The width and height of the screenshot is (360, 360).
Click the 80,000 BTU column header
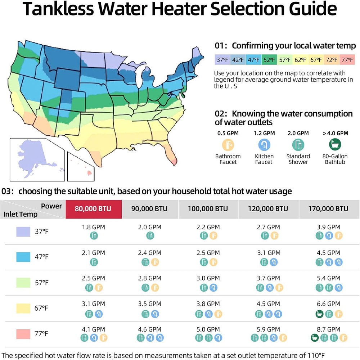(93, 209)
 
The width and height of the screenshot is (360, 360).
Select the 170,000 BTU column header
(329, 209)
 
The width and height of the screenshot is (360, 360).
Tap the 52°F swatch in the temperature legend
(269, 59)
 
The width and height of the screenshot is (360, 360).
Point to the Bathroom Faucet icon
(228, 145)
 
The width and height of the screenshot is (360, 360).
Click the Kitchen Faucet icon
(264, 145)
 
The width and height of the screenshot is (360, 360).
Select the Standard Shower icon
(298, 145)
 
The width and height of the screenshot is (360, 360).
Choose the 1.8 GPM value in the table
(93, 227)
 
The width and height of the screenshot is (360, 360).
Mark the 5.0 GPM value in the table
(208, 329)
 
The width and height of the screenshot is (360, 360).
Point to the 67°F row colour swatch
(23, 309)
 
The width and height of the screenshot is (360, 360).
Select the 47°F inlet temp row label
(42, 257)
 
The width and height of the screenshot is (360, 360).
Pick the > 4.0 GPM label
(336, 133)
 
